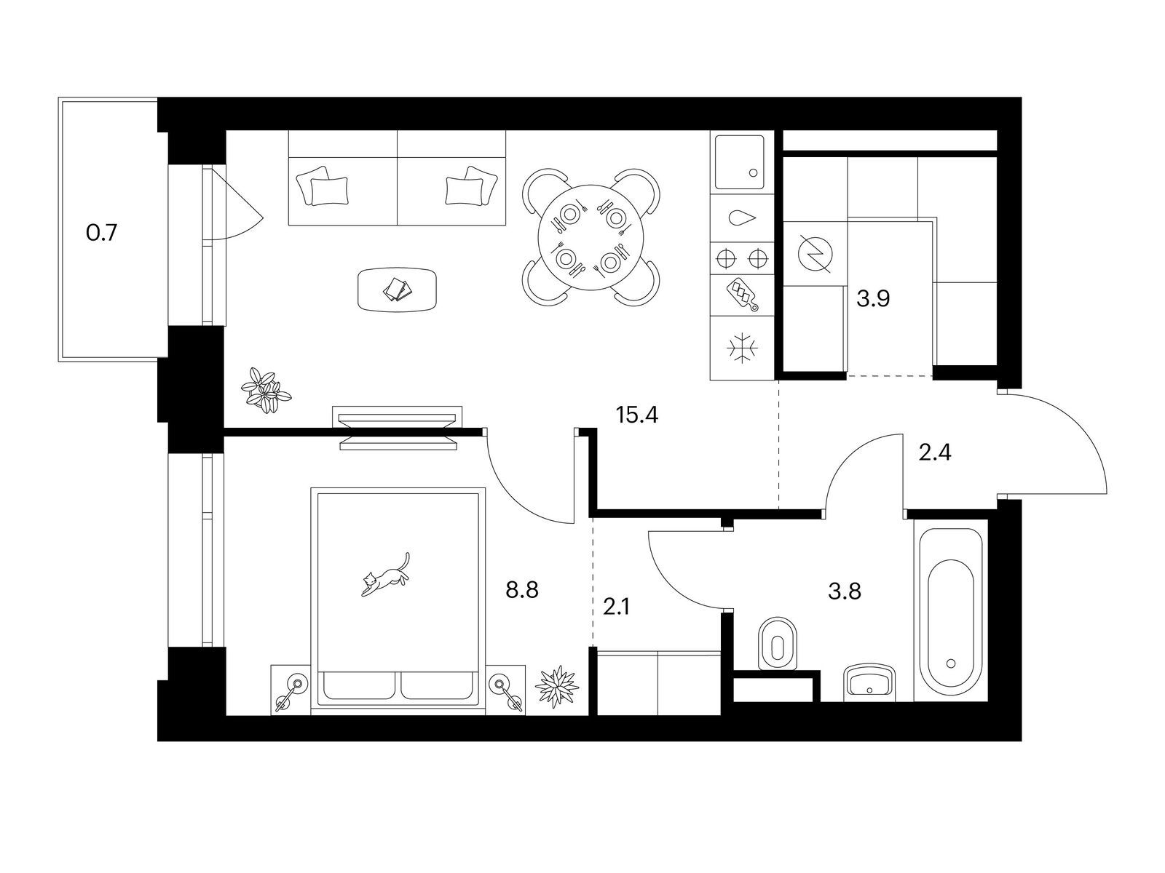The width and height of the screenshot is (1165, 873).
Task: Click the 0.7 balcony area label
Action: [x=101, y=234]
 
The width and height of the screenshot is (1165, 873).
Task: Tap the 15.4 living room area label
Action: [x=637, y=415]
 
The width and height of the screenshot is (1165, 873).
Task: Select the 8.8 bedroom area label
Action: [x=522, y=589]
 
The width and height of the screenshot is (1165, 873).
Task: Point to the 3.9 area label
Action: [x=873, y=300]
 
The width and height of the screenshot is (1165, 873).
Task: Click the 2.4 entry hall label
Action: [x=935, y=453]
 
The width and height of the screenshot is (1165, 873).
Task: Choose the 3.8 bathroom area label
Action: [x=845, y=591]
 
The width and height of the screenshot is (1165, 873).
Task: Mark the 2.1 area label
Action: [x=617, y=607]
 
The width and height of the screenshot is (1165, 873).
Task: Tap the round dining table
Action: [x=591, y=237]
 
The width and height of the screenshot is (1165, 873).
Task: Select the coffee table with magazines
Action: [x=398, y=290]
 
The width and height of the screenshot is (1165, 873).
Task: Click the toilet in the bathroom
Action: [x=778, y=644]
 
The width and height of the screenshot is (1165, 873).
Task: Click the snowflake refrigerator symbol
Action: [x=742, y=349]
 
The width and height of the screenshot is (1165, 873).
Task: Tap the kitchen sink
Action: [x=740, y=162]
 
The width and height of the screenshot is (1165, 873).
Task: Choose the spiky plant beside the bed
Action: [x=557, y=687]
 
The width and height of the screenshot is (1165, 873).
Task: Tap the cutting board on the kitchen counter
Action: [x=743, y=295]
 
